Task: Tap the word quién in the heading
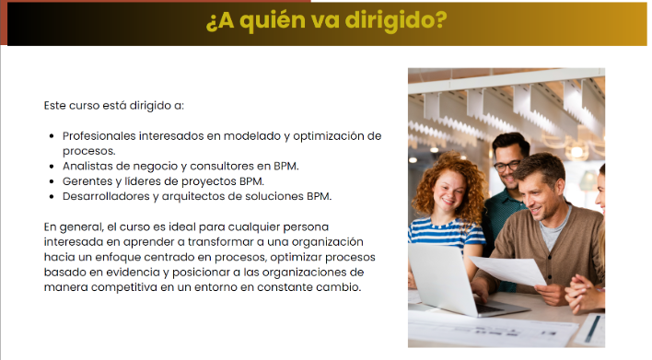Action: [273, 21]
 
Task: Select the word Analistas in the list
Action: [87, 166]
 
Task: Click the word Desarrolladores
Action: [106, 196]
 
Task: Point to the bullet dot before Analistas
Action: [52, 167]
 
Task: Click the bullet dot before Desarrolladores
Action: [52, 197]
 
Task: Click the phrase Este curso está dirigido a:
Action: [114, 106]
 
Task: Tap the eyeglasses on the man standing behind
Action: [506, 167]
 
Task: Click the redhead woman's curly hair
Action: [449, 183]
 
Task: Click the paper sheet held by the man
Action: [508, 270]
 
